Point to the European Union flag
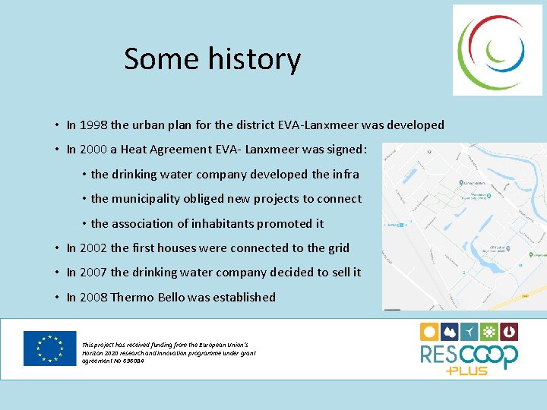[49, 348]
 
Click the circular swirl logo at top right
[498, 50]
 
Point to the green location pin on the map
[462, 183]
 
